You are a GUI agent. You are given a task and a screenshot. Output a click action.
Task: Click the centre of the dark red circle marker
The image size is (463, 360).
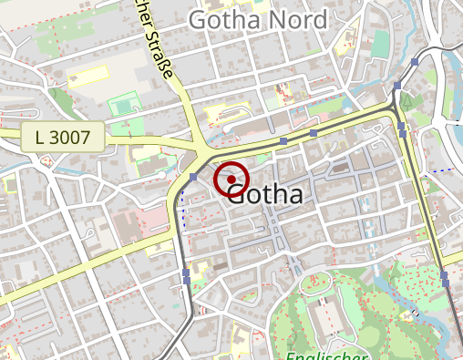pyautogui.click(x=231, y=180)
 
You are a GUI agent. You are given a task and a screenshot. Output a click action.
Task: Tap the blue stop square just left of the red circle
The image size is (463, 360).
pyautogui.click(x=193, y=178)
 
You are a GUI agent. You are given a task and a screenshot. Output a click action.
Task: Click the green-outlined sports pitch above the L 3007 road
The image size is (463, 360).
pyautogui.click(x=120, y=107)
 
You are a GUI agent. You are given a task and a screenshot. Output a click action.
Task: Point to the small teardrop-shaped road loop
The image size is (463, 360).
pyautogui.click(x=44, y=162)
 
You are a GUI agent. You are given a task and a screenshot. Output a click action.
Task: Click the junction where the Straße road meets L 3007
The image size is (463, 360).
pyautogui.click(x=200, y=146)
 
